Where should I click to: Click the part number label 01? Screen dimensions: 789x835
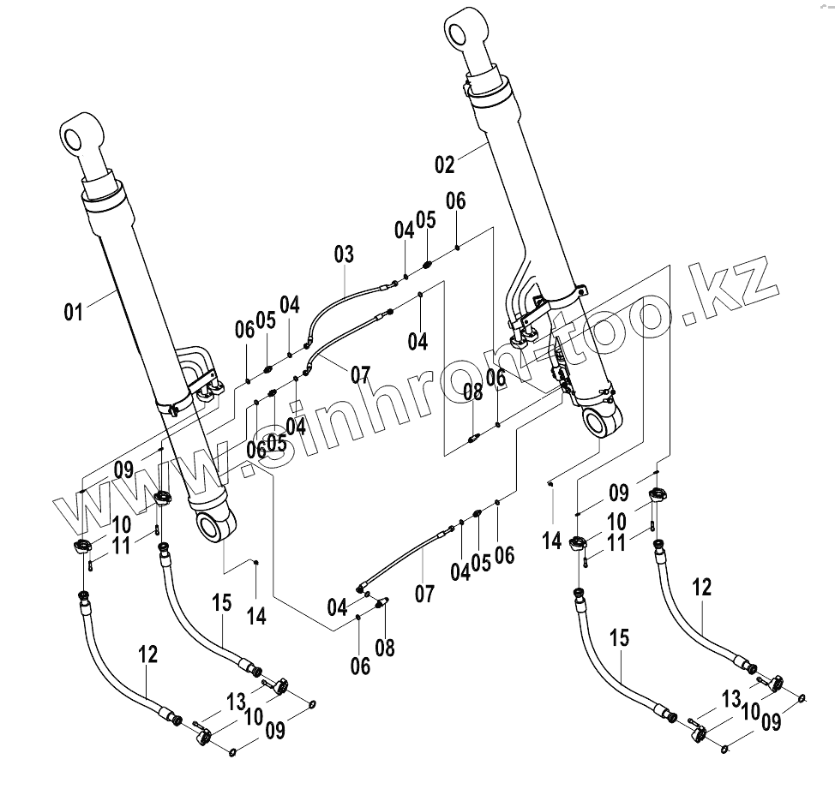(x=74, y=310)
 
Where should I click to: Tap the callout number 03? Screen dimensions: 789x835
(x=343, y=255)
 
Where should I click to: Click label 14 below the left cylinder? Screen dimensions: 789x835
(x=256, y=614)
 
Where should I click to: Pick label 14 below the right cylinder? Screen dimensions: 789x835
(x=552, y=541)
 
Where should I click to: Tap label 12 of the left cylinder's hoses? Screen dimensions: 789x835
(x=147, y=655)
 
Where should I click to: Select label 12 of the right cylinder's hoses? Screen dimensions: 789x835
(x=702, y=588)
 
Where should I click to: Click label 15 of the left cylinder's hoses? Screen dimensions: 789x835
(x=222, y=603)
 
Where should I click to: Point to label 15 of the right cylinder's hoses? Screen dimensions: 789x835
(x=621, y=637)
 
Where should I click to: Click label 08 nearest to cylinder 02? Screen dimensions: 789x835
(x=473, y=392)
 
